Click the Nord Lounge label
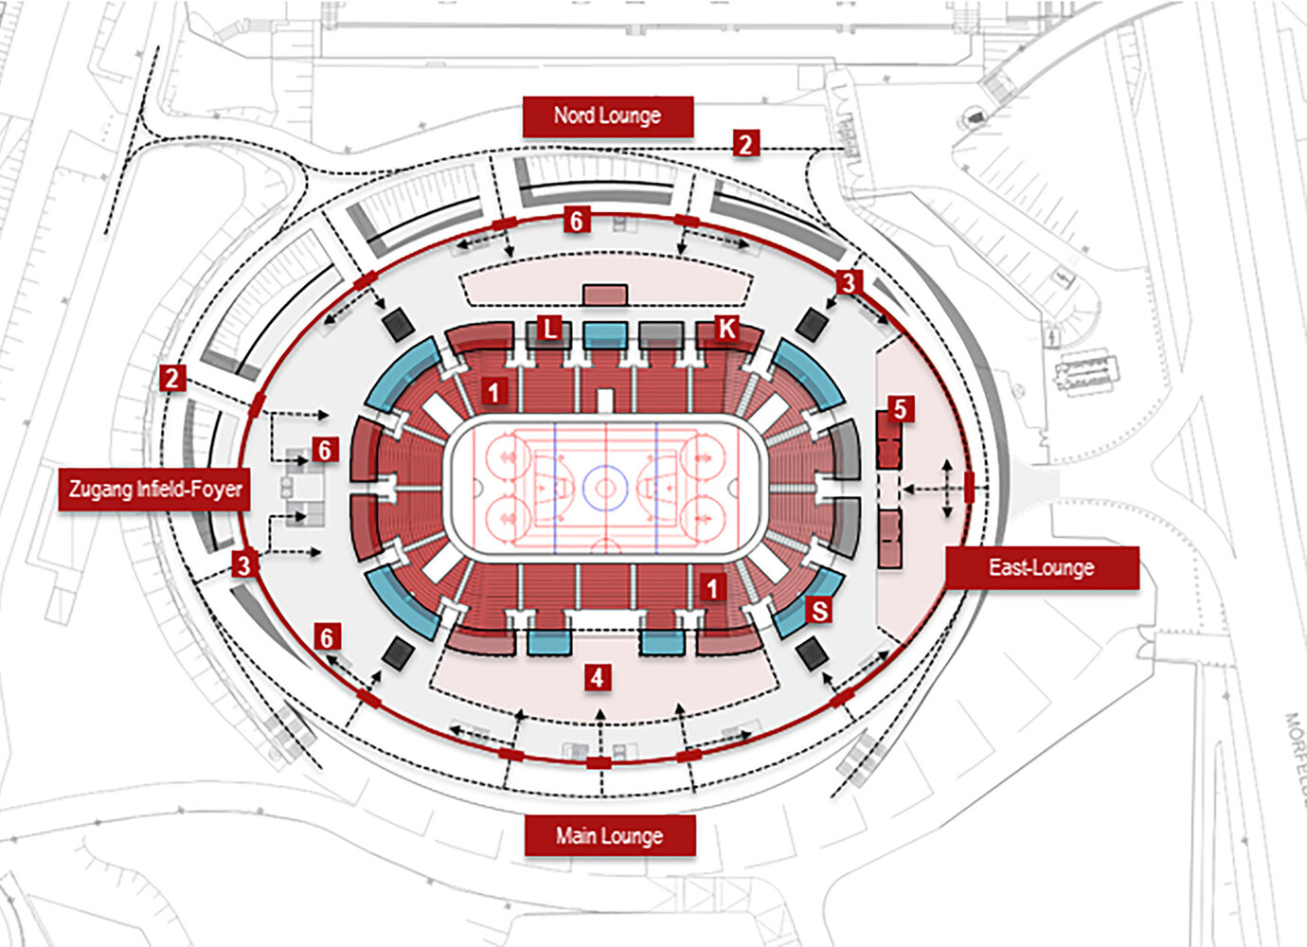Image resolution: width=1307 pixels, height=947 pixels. [x=607, y=116]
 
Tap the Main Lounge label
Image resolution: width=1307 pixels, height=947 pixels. [x=609, y=836]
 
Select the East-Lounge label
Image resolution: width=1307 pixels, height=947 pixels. [x=1041, y=568]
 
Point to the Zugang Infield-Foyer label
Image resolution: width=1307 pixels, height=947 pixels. [x=154, y=490]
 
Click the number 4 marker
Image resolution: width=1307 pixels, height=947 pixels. [x=596, y=677]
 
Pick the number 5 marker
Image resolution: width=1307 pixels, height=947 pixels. [x=900, y=409]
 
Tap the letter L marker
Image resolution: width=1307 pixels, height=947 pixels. [x=549, y=329]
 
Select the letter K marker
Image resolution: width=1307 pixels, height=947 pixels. [x=726, y=329]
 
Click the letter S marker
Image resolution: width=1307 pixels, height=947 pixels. [x=819, y=611]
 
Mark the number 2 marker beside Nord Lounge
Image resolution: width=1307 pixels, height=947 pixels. [x=745, y=144]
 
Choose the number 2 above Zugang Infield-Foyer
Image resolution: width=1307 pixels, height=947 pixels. [x=171, y=379]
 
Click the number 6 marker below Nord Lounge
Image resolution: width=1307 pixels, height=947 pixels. [x=576, y=221]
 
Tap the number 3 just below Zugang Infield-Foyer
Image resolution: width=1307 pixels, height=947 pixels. [x=244, y=565]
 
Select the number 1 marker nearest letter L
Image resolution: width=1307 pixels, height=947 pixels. [x=493, y=390]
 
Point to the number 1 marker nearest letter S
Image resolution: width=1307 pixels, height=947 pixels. [x=713, y=588]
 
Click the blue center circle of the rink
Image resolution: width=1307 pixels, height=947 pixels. [x=605, y=489]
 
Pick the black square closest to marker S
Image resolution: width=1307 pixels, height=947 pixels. [x=812, y=652]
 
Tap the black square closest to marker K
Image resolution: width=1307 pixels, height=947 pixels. [x=812, y=324]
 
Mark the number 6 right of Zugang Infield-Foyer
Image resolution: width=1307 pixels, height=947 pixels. [x=325, y=450]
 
